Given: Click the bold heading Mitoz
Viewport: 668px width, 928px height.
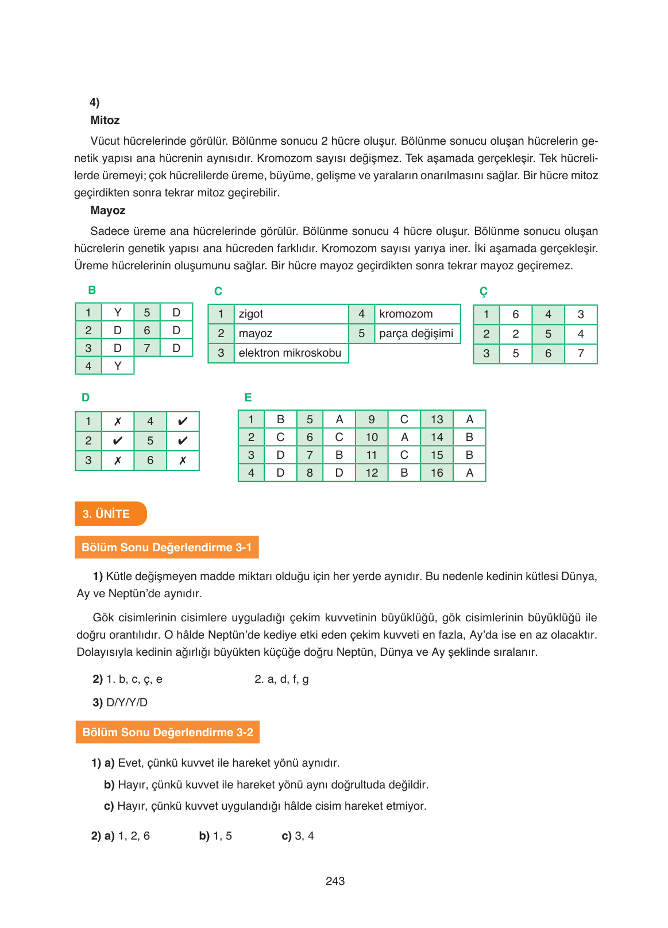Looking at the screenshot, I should coord(105,120).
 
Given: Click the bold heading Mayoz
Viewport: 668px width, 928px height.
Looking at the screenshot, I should coord(108,210).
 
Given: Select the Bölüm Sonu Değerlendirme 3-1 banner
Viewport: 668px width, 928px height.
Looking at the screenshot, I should coord(167,547).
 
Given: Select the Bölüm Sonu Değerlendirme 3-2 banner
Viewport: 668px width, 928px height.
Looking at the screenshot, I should coord(167,732).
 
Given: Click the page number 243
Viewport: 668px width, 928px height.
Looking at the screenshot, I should coord(335,881).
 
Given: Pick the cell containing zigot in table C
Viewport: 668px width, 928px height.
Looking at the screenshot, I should coord(291,314).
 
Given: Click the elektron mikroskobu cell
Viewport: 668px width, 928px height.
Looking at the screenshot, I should coord(291,353).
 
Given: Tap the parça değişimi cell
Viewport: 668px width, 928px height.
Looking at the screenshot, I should coord(416,334).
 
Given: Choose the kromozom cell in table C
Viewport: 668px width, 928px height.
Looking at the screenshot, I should coord(416,314).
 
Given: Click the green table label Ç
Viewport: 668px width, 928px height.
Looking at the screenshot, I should coord(484,292).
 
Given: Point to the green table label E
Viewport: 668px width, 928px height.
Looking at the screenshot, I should coord(248,397).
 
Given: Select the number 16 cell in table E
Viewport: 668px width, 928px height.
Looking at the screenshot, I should coord(437,473).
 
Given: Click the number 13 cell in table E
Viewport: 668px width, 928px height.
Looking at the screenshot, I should coord(437,420).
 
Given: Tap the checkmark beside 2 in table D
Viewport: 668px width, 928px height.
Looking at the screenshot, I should coord(118,441).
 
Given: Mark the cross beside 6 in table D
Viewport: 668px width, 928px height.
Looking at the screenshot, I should coord(183,461).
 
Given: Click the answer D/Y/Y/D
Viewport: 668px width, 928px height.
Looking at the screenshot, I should coord(127,702).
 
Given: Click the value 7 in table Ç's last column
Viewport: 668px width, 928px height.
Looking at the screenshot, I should coord(581,354).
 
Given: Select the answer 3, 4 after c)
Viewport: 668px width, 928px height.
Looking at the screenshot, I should coord(304,836).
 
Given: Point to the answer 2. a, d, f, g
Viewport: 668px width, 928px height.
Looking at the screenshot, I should coord(281,679).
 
